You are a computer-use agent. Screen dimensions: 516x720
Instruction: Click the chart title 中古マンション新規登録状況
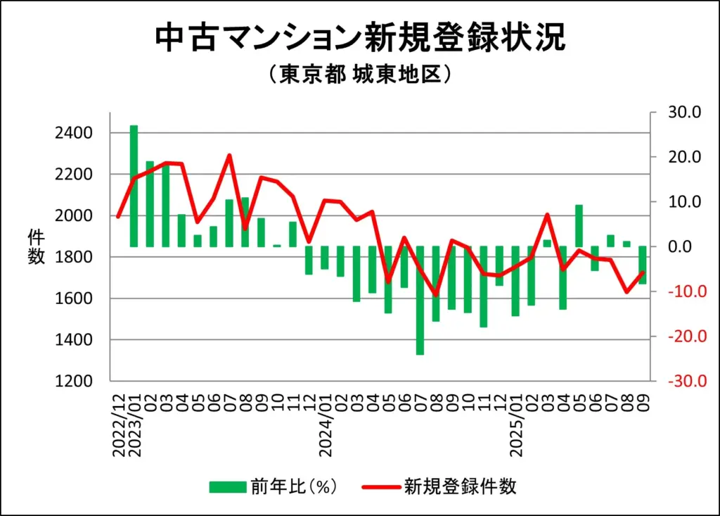(359, 39)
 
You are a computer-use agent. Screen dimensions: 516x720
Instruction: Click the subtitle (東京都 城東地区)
(359, 75)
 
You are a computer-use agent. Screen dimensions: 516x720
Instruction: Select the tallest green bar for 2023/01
(134, 186)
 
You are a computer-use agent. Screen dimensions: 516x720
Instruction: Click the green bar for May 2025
(579, 225)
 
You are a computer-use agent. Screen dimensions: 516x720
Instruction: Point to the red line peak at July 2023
(229, 156)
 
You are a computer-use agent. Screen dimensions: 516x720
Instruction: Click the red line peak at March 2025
(547, 215)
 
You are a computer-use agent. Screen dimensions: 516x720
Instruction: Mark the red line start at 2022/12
(118, 217)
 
